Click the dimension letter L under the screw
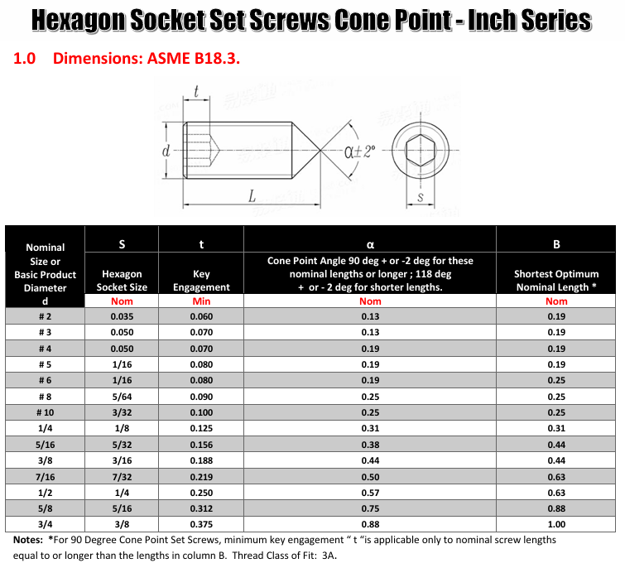pos(251,195)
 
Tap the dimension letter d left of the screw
pos(166,152)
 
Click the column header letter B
pos(556,244)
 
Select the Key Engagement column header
pos(201,280)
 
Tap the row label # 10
pos(46,412)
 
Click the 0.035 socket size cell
pos(122,316)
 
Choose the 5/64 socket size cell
pos(122,397)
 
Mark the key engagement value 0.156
pos(201,444)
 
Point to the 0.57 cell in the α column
pos(370,492)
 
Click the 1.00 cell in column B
pos(556,524)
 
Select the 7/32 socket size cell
pos(122,476)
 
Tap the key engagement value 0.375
pos(201,524)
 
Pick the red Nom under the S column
pos(122,301)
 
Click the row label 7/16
pos(46,476)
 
